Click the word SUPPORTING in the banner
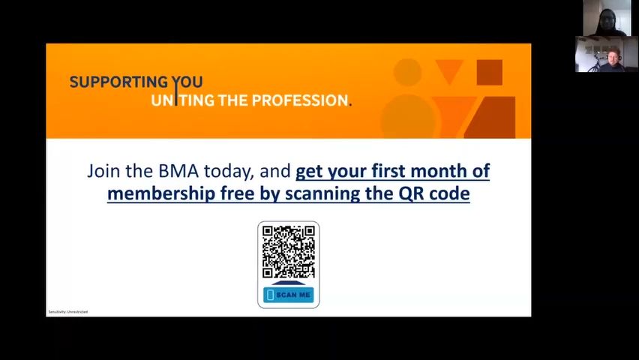point(118,82)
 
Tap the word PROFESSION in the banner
point(303,100)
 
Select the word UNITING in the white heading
point(182,100)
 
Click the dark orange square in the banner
point(490,73)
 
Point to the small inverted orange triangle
point(449,70)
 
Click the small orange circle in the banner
point(407,72)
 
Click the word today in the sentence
point(229,172)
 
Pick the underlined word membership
point(161,193)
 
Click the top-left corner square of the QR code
point(267,232)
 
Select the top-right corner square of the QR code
point(310,232)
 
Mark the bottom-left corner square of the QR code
point(267,273)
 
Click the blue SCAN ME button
point(289,295)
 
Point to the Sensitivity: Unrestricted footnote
point(68,312)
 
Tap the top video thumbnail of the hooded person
point(607,18)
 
